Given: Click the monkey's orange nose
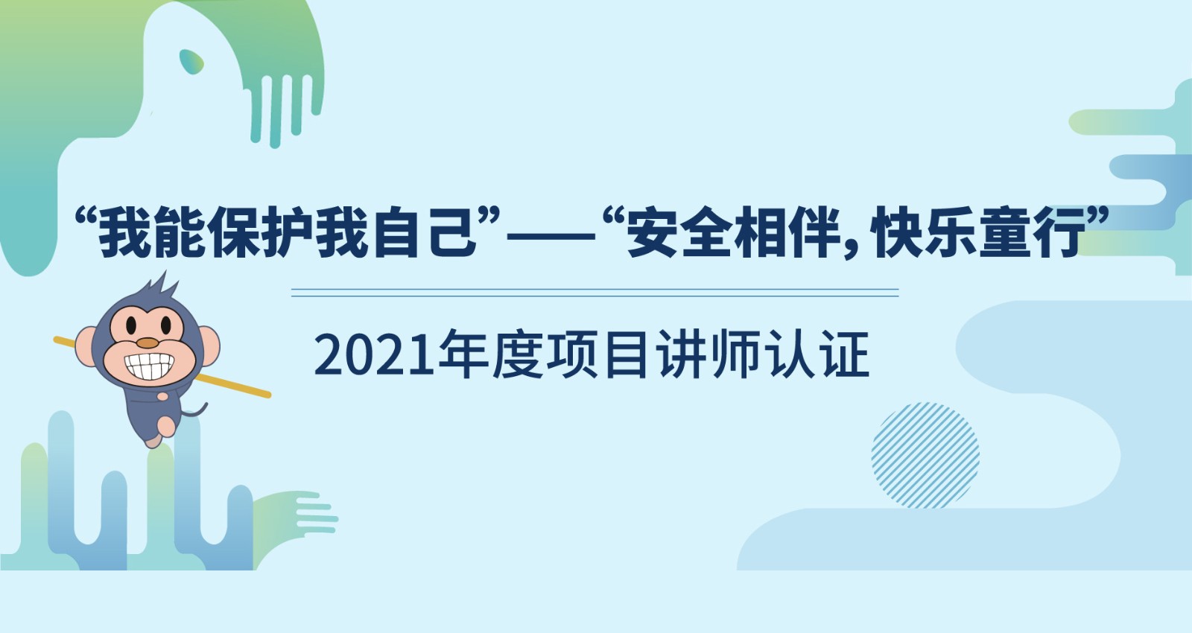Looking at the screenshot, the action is point(148,343).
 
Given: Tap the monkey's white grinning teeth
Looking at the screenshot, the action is point(150,366).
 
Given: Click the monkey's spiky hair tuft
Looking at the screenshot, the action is point(162,287).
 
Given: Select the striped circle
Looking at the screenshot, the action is point(925,455).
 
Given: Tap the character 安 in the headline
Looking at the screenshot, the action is point(653,232).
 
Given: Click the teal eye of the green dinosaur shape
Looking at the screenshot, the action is point(191,61).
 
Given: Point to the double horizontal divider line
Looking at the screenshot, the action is point(595,293).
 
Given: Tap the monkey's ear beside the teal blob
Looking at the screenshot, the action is point(86,346).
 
